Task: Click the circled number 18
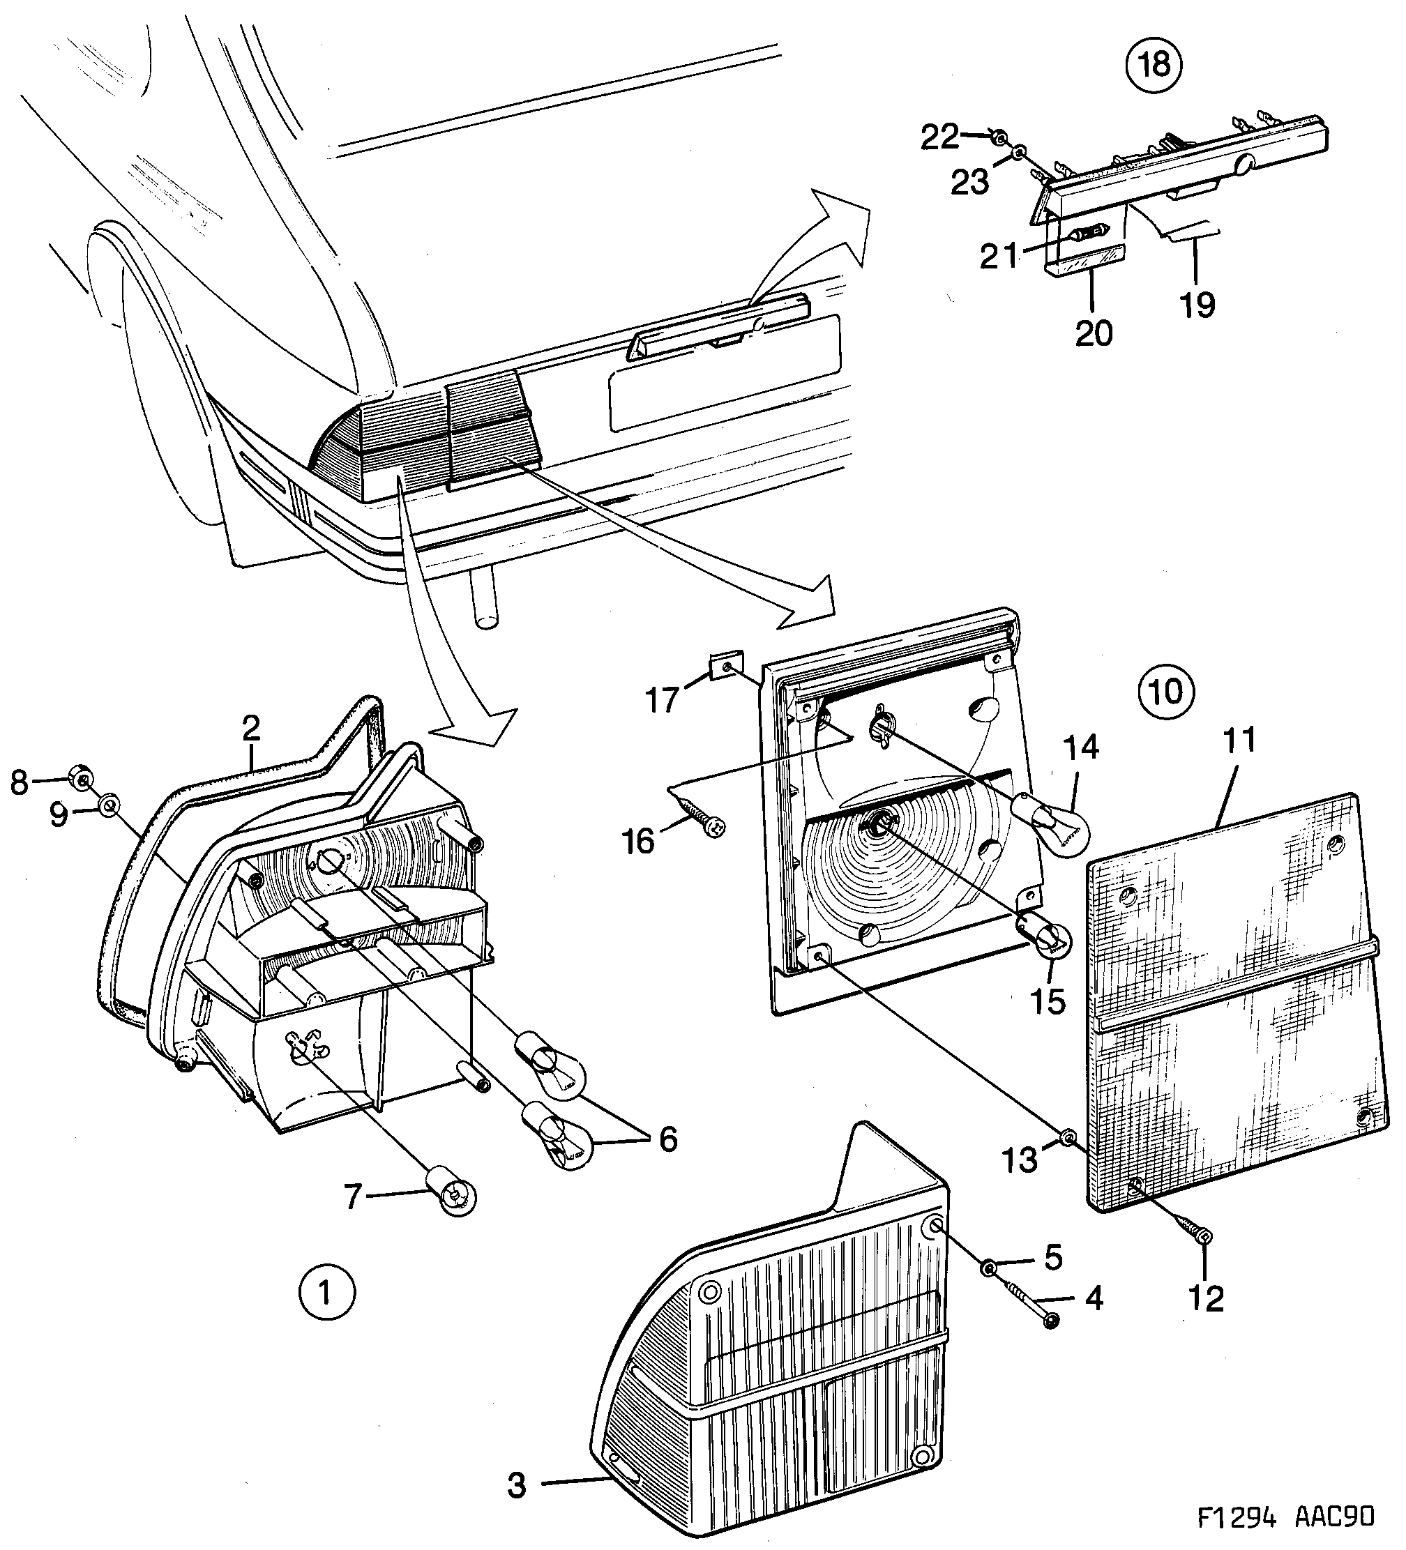coord(1154,65)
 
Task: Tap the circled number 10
coord(1166,691)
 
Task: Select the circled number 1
coord(326,1293)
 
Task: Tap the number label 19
coord(1197,305)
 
